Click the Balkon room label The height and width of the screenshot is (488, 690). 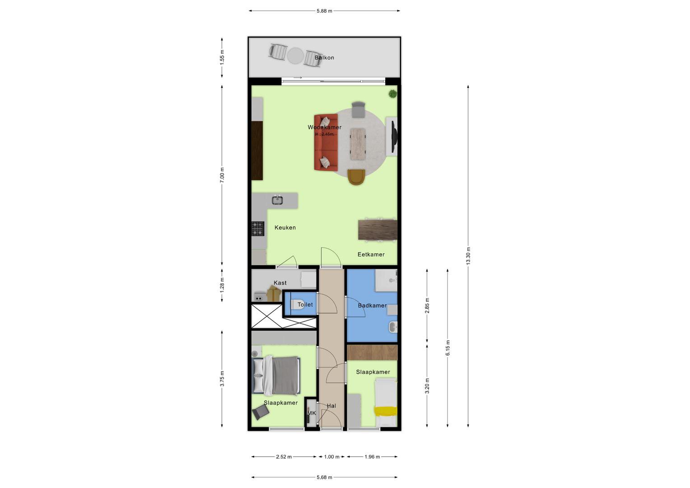pos(324,58)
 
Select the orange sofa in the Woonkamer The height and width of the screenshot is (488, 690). pos(326,142)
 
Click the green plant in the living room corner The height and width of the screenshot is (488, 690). pos(392,94)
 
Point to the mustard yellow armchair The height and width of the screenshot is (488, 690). pos(356,177)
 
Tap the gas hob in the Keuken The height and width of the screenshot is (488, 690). pos(258,229)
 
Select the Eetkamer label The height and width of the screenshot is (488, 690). pos(371,254)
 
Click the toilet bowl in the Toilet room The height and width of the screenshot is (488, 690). pos(298,305)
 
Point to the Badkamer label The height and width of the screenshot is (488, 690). pos(372,305)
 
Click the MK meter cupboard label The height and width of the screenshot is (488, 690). pos(312,413)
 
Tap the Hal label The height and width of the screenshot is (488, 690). pos(331,406)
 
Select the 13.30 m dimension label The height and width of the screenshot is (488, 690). pos(468,256)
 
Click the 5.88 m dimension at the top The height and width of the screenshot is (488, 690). pos(324,11)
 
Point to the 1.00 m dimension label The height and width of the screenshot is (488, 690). pos(332,456)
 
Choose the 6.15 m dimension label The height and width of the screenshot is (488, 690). pos(448,348)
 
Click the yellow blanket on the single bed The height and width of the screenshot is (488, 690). pos(385,411)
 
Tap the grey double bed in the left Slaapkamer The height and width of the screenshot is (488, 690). pos(276,375)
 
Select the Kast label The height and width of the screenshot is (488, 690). pos(280,283)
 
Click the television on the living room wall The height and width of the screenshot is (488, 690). pos(394,136)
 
